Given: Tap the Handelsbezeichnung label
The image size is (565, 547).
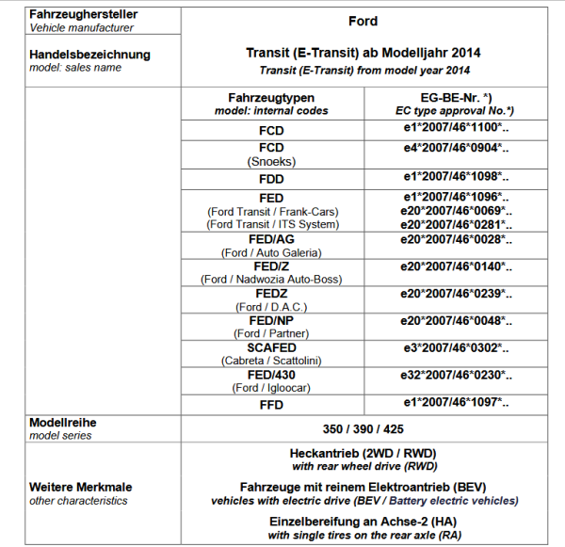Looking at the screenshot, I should coord(89,55).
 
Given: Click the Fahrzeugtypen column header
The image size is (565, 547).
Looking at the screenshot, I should coord(271,98).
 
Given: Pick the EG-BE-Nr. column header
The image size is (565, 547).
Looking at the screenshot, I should coord(455,98).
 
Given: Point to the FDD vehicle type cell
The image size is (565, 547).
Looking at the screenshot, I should coord(271,177).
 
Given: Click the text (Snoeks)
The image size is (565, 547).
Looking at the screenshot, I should coord(271,161).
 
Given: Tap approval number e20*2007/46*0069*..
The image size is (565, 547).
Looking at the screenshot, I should coord(456,211).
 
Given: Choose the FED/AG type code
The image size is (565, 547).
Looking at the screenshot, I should coord(271,240).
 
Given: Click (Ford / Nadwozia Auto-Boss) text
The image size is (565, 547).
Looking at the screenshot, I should coord(271,280).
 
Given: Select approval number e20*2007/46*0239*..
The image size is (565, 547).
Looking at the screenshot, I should coord(456,294).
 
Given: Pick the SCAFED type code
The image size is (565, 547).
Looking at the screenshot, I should coord(271,347).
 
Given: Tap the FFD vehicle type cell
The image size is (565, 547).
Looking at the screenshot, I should coord(271,404).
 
